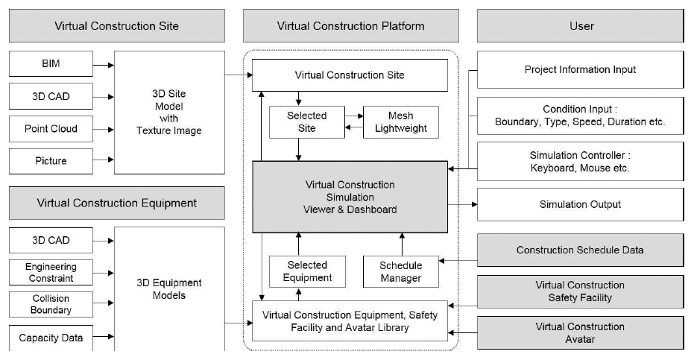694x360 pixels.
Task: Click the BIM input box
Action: point(51,64)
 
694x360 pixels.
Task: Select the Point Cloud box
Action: point(51,129)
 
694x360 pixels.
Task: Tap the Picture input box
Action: point(51,161)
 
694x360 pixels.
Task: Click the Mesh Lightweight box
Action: point(401,122)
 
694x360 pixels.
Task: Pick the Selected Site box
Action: point(307,122)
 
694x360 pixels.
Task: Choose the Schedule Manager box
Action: point(401,272)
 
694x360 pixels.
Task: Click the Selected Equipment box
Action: point(307,271)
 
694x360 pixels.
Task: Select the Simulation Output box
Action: point(580,204)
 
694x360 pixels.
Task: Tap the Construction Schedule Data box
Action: point(580,250)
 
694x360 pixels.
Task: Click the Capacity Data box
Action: point(51,338)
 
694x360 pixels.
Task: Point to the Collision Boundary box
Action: point(51,304)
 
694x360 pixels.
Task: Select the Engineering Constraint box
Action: point(51,272)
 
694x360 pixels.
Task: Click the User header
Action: point(580,26)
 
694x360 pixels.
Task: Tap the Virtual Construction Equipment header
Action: point(117,203)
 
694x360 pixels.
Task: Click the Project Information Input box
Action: point(580,69)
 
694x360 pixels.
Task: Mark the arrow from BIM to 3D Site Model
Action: point(104,65)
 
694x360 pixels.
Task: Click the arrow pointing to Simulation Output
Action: point(462,204)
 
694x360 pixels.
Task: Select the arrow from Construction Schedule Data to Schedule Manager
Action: point(458,261)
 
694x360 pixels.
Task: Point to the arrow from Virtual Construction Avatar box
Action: point(462,333)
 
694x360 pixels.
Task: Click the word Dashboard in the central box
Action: point(372,210)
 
